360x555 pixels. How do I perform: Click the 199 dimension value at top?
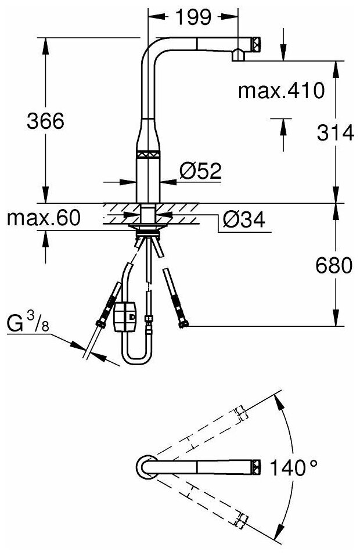pyautogui.click(x=193, y=18)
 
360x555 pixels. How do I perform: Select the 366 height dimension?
pyautogui.click(x=45, y=121)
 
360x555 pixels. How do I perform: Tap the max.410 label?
pyautogui.click(x=280, y=91)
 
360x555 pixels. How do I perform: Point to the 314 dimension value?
pyautogui.click(x=335, y=133)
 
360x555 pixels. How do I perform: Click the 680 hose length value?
pyautogui.click(x=335, y=266)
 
